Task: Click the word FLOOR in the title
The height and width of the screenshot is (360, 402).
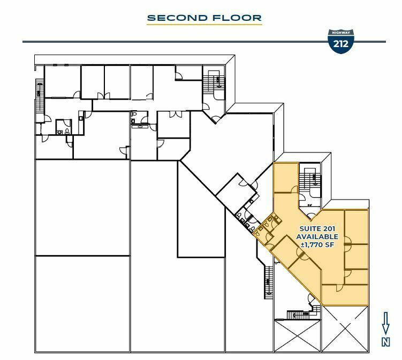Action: click(237, 18)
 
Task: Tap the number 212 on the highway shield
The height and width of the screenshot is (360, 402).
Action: click(341, 44)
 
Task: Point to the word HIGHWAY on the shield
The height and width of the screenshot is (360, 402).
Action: click(341, 33)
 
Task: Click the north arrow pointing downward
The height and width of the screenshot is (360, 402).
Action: click(385, 323)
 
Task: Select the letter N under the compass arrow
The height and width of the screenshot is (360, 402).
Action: click(386, 342)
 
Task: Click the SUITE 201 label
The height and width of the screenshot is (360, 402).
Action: click(317, 228)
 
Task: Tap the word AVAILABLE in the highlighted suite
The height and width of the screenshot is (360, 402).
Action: click(317, 236)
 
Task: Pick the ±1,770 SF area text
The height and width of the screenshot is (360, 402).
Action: click(317, 244)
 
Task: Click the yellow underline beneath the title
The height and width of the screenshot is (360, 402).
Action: click(204, 25)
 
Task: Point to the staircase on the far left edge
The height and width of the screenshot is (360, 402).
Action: click(40, 95)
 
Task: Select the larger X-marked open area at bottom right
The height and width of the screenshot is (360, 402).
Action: click(345, 329)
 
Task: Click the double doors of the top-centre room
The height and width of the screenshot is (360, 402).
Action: click(176, 114)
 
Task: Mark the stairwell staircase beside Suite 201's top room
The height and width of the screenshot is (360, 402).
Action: click(310, 181)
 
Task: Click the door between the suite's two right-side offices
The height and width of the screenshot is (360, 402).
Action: click(347, 243)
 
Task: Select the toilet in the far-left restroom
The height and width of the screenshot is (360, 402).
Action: click(67, 132)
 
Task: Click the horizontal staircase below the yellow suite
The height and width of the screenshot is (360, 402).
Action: click(298, 315)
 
